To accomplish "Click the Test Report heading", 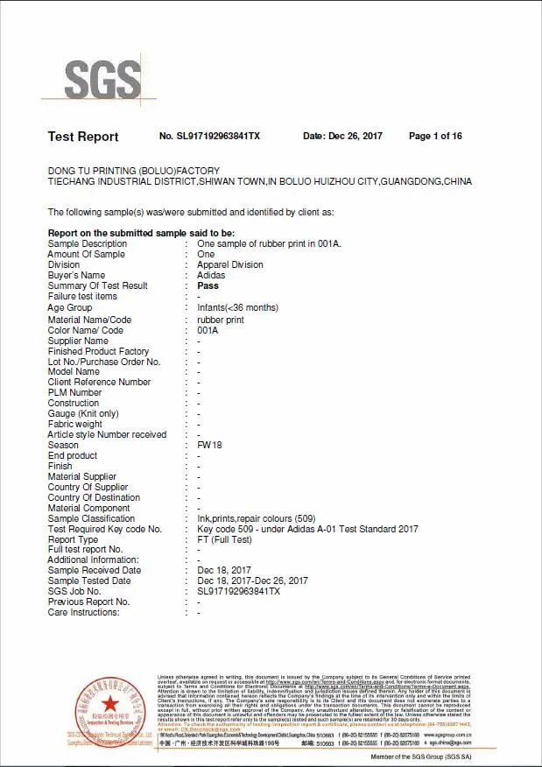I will point(83,137).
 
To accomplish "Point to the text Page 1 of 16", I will point(435,137).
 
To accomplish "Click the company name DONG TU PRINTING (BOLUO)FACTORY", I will point(133,171).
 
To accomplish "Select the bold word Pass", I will point(208,285).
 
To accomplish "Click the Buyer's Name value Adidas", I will point(211,275).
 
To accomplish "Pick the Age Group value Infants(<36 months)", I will point(238,308).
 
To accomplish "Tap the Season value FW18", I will point(210,445).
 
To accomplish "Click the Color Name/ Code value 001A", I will point(208,330).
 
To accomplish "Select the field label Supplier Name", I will point(78,341).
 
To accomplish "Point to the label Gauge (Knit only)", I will point(83,413).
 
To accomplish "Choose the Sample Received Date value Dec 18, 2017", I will point(224,570).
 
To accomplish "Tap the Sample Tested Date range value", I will point(253,581).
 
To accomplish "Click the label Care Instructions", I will point(83,612).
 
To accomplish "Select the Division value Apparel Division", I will point(230,264).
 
